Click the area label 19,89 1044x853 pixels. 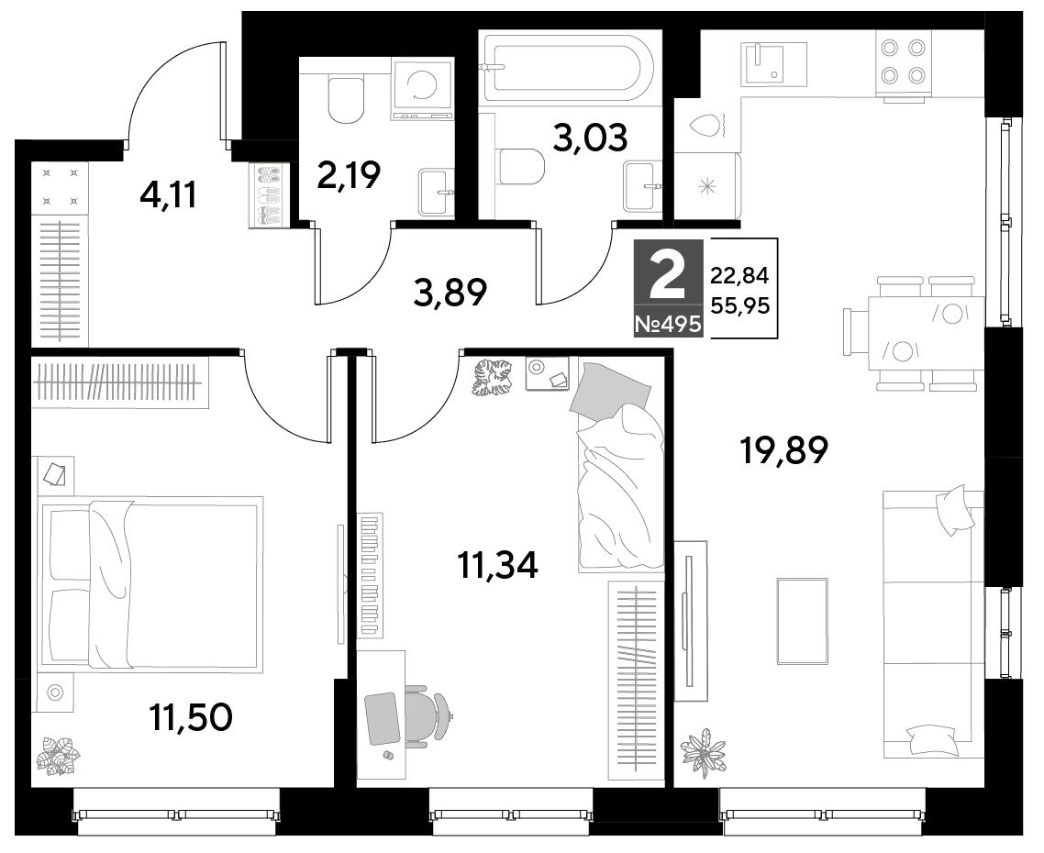(x=784, y=450)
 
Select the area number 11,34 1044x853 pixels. (x=498, y=565)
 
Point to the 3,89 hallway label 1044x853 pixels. (x=450, y=293)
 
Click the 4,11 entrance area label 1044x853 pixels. (x=169, y=194)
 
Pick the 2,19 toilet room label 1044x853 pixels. (x=349, y=176)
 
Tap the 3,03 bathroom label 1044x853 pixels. (x=591, y=138)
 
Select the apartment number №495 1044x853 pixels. (x=668, y=325)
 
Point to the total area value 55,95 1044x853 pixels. (x=740, y=305)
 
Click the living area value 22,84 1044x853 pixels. (x=740, y=274)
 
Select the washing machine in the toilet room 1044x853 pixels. (x=423, y=91)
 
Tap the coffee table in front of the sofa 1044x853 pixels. (x=803, y=621)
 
